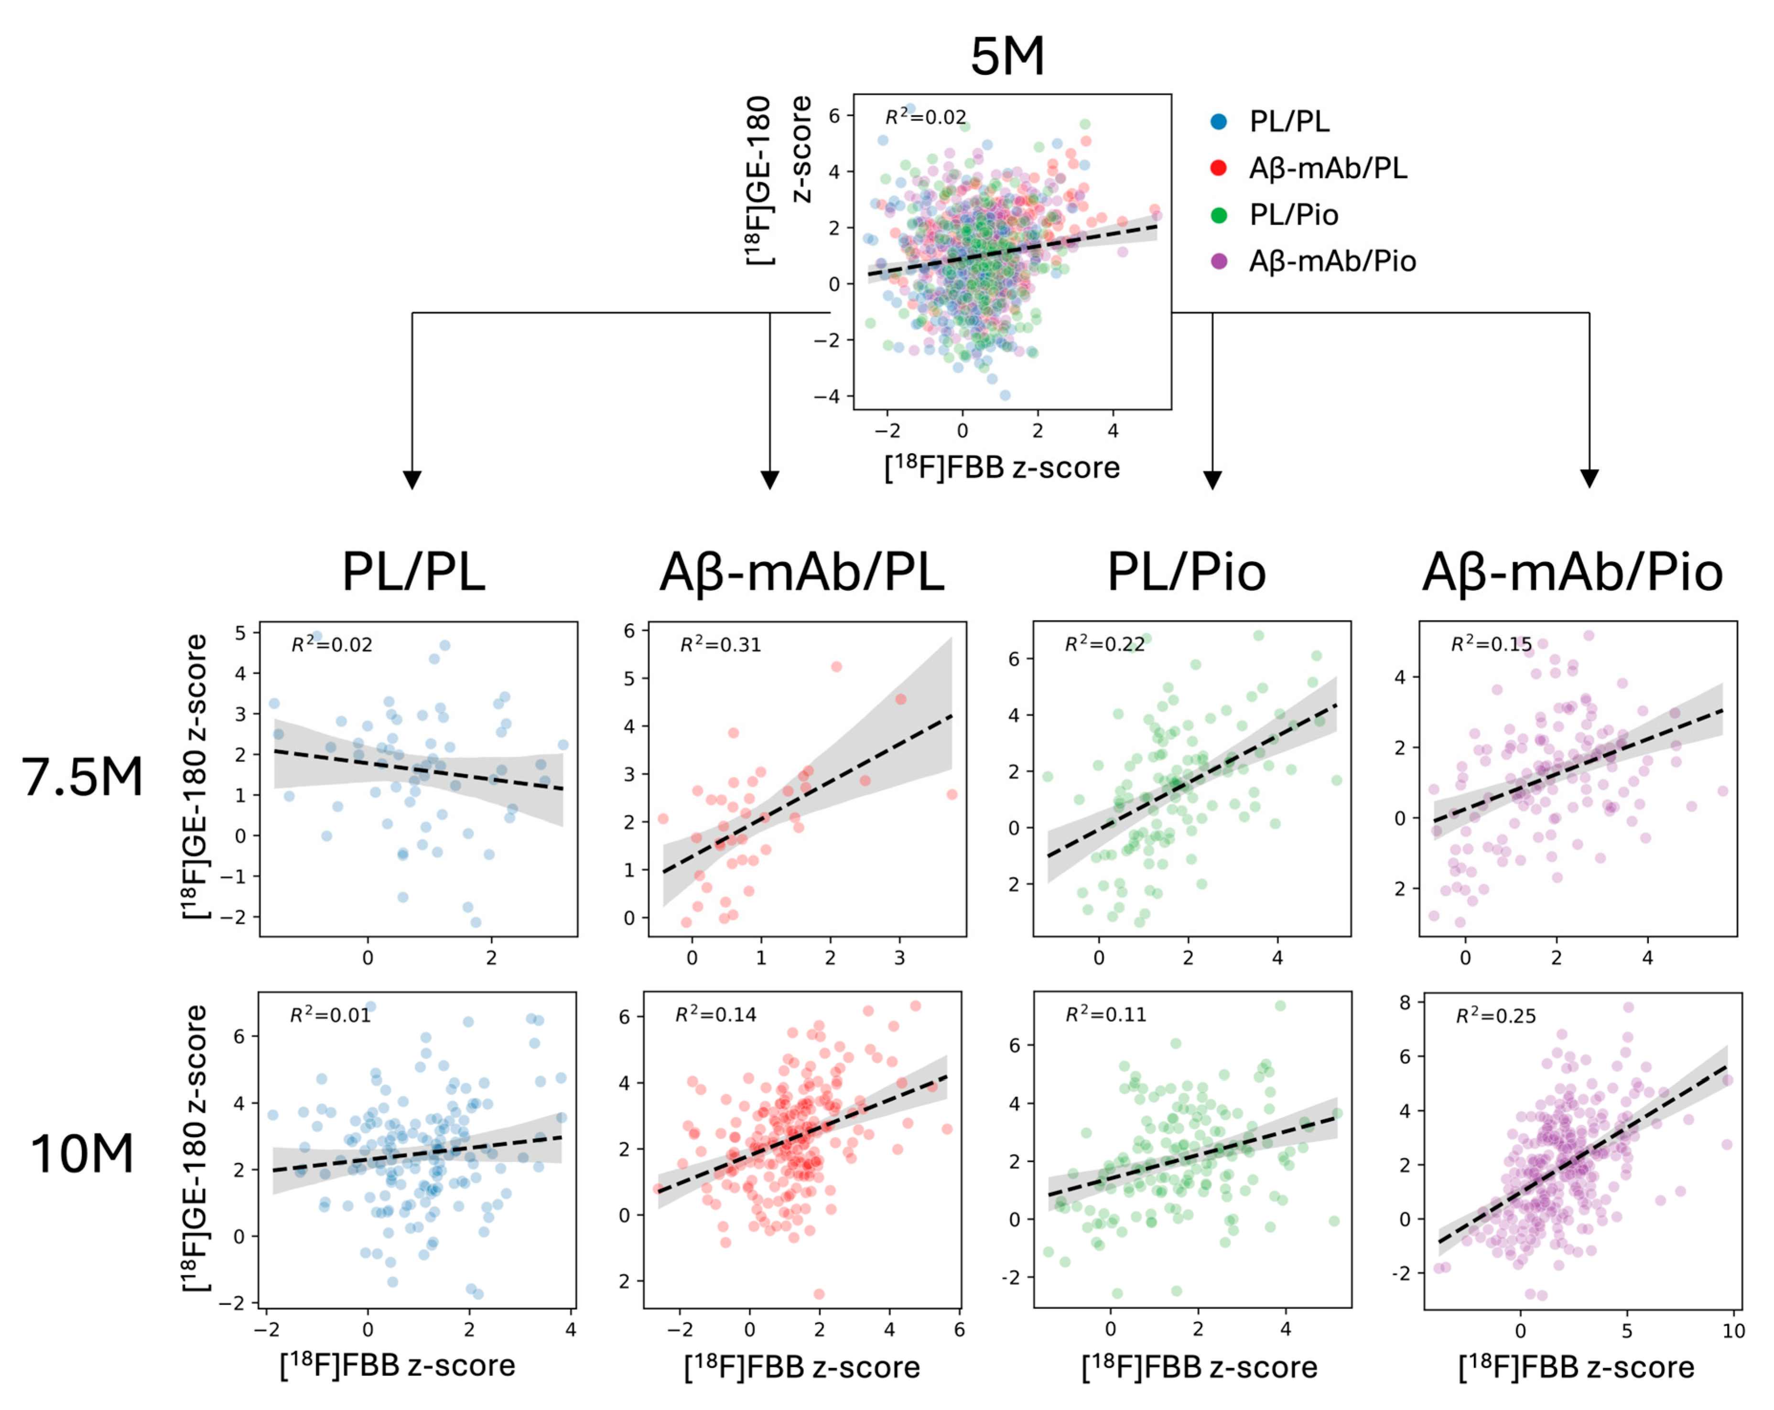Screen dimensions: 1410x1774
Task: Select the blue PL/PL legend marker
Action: click(1219, 122)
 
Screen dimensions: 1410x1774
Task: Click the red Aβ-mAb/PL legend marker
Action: click(1219, 168)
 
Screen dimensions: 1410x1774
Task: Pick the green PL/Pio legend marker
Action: click(1219, 215)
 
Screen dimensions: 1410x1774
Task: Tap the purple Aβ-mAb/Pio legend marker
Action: click(1219, 261)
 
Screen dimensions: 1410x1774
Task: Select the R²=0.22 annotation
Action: click(1104, 644)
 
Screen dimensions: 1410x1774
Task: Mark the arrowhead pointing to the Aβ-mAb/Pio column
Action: click(1589, 478)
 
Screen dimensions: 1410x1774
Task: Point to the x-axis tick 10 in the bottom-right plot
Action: click(1733, 1332)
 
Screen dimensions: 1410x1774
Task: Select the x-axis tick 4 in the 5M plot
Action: click(1113, 431)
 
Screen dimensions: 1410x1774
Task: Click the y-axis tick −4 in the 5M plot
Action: click(827, 396)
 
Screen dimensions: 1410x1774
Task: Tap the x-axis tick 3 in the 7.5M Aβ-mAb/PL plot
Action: click(899, 958)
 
